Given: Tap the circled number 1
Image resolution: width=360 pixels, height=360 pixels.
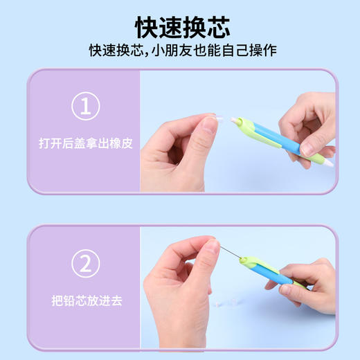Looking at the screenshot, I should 85,107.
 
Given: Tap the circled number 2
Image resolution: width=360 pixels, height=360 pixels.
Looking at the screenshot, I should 85,264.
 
